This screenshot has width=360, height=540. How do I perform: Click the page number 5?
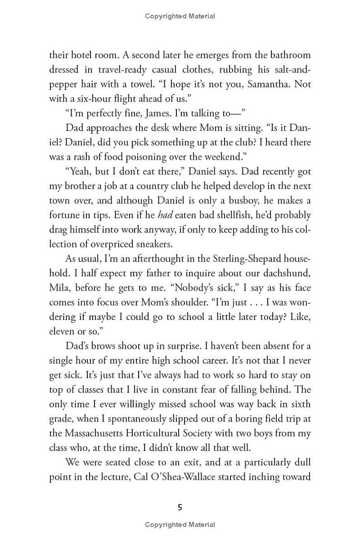click(x=180, y=508)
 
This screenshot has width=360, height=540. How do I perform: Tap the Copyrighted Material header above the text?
click(x=180, y=16)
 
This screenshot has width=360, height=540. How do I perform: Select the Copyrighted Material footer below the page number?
click(x=180, y=525)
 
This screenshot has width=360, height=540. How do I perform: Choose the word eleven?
click(x=62, y=332)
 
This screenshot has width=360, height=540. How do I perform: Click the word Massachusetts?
click(x=101, y=433)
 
